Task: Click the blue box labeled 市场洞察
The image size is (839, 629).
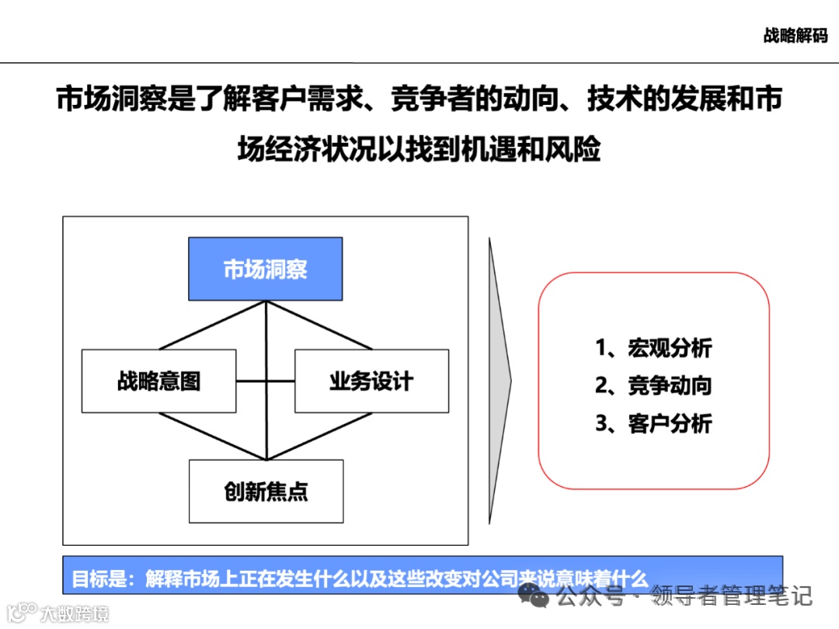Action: click(265, 269)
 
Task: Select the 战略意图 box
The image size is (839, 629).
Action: click(158, 381)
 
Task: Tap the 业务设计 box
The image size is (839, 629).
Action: click(371, 381)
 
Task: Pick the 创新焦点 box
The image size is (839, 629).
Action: click(266, 492)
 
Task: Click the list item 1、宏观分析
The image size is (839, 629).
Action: click(653, 347)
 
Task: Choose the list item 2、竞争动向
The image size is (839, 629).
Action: click(653, 385)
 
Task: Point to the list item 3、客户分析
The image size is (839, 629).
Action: click(653, 423)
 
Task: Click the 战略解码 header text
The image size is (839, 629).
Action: click(795, 36)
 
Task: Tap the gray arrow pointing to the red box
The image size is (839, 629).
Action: click(500, 380)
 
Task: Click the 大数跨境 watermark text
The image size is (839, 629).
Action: click(74, 613)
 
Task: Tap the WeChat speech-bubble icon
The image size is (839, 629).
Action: click(535, 596)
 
